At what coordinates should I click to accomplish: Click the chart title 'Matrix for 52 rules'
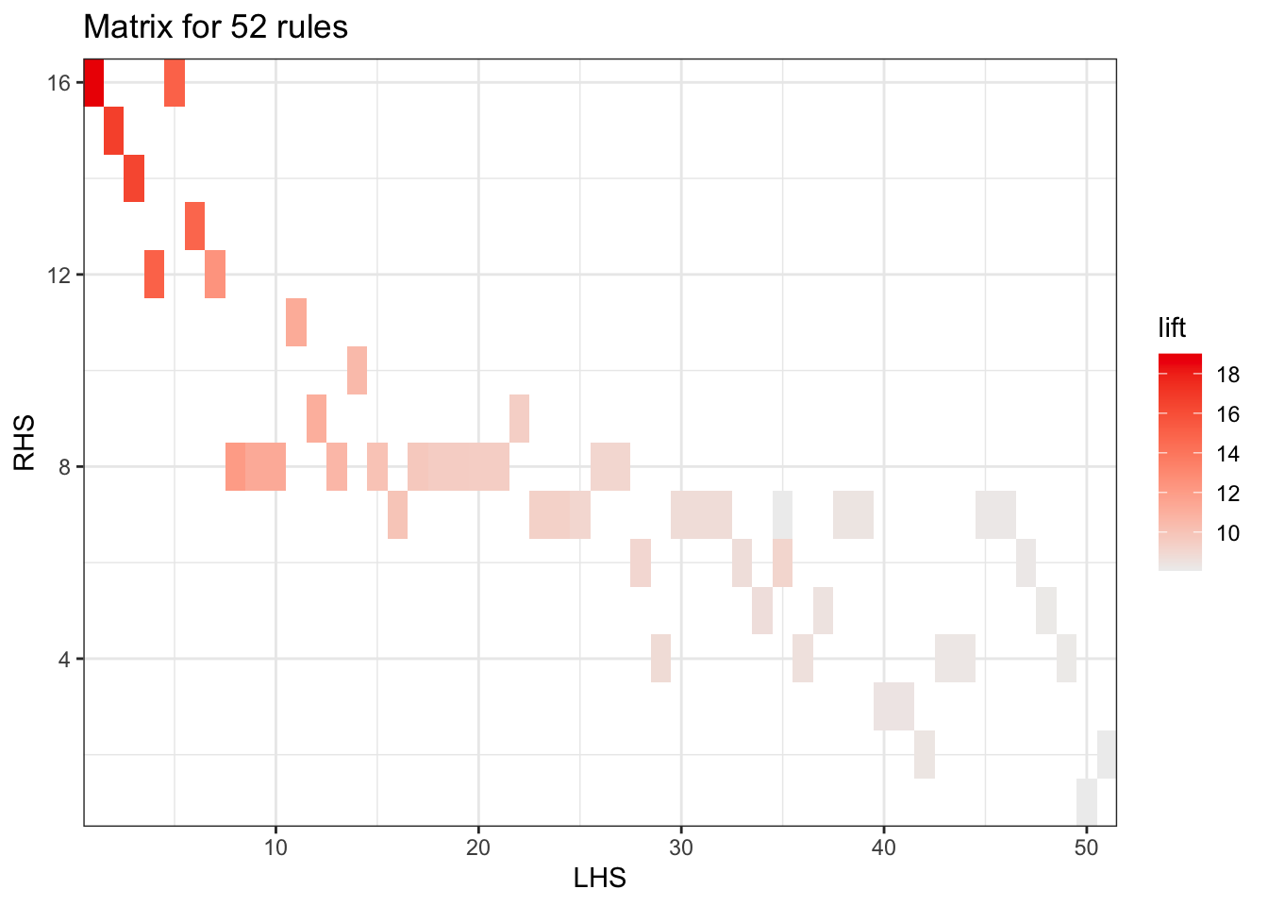pos(215,26)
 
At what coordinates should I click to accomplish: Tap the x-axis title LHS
pos(600,879)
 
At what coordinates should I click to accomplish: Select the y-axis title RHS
pos(25,442)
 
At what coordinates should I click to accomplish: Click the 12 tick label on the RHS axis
pos(58,275)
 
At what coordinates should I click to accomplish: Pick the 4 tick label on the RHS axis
pos(64,659)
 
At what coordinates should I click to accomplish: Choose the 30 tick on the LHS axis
pos(681,847)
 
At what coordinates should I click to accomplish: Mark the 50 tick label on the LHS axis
pos(1086,847)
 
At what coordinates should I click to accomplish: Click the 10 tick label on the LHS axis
pos(275,847)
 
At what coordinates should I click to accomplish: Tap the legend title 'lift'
pos(1173,327)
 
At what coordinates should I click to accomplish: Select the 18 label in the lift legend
pos(1227,376)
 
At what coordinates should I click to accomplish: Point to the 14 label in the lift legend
pos(1227,454)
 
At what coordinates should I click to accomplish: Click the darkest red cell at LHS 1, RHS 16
pos(93,83)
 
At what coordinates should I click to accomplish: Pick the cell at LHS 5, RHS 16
pos(175,83)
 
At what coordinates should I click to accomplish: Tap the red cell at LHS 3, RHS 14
pos(134,178)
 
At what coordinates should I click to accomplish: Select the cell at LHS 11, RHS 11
pos(296,322)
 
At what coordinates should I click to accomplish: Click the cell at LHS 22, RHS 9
pos(519,418)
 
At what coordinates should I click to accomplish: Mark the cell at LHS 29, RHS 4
pos(660,659)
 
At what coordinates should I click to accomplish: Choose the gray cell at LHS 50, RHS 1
pos(1086,802)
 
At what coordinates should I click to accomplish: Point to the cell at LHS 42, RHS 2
pos(925,754)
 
